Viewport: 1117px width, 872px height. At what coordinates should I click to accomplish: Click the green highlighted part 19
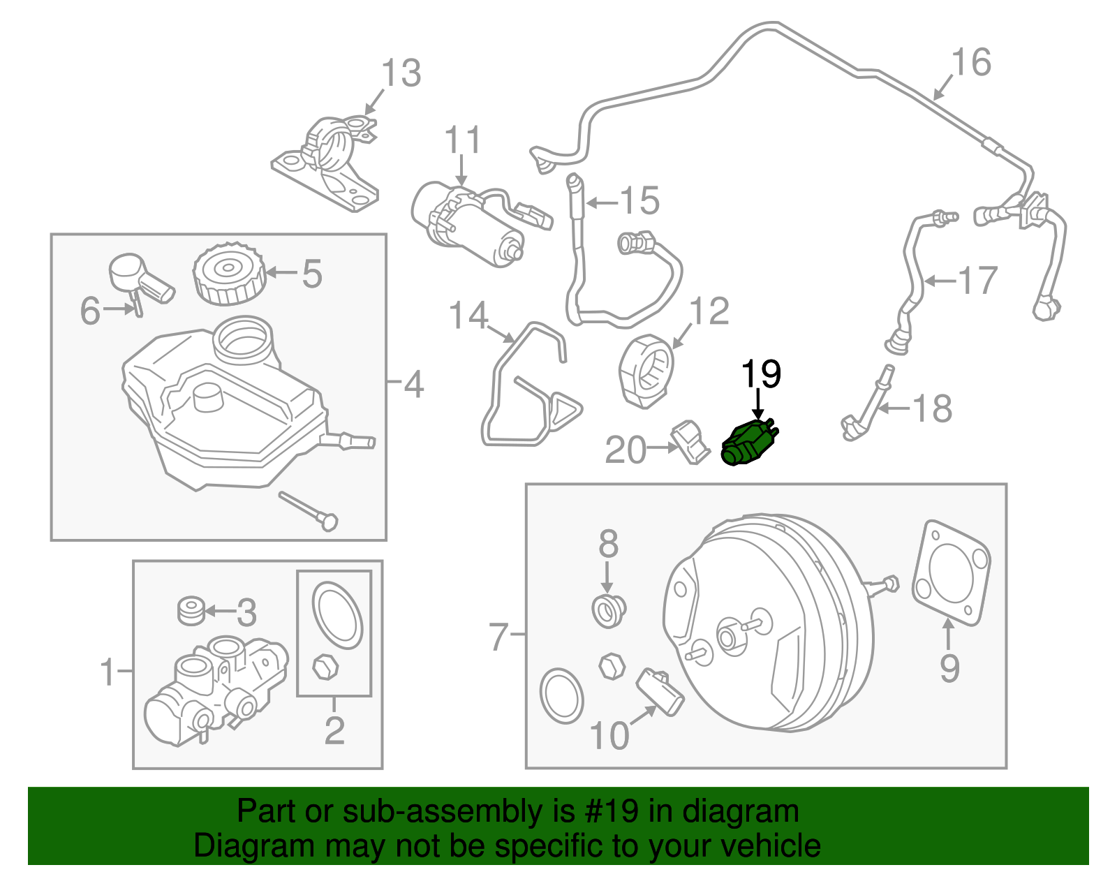click(x=748, y=442)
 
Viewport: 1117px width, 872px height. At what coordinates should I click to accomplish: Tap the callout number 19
click(x=760, y=375)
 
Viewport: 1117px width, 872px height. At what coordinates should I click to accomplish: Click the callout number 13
click(x=401, y=73)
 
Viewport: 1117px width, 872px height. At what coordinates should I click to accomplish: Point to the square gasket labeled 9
click(x=951, y=572)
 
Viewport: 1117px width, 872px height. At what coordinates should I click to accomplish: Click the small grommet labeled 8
click(x=609, y=611)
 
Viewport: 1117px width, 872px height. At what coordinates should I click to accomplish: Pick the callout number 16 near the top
click(x=971, y=63)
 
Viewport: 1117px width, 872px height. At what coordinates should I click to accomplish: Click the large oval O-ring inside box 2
click(x=336, y=614)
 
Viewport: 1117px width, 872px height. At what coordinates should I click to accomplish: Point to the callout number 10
click(x=609, y=736)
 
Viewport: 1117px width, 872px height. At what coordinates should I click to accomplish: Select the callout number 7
click(x=498, y=636)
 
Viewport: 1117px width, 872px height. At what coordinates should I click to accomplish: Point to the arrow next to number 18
click(x=893, y=408)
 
